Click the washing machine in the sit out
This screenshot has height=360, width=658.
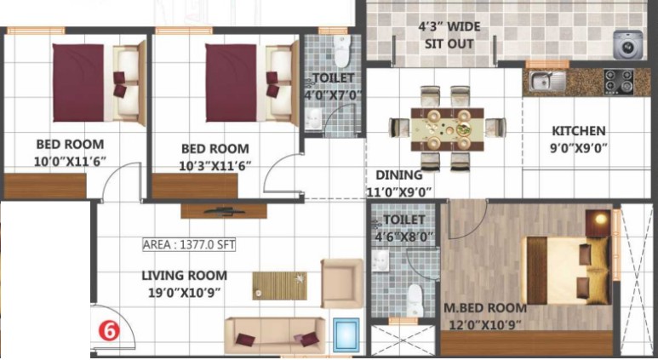pyautogui.click(x=628, y=44)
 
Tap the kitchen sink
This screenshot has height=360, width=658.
pyautogui.click(x=546, y=81)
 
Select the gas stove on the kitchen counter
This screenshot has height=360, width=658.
pyautogui.click(x=619, y=82)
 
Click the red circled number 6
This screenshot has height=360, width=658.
pyautogui.click(x=109, y=331)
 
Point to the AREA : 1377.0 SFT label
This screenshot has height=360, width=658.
pyautogui.click(x=189, y=244)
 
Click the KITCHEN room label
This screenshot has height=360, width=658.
pyautogui.click(x=578, y=131)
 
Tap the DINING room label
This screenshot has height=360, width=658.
pyautogui.click(x=398, y=175)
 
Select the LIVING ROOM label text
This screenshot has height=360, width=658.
pyautogui.click(x=184, y=276)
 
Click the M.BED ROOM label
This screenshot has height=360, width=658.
pyautogui.click(x=485, y=308)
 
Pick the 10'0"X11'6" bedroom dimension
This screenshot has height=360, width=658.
pyautogui.click(x=70, y=162)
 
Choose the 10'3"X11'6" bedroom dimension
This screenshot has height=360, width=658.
pyautogui.click(x=215, y=166)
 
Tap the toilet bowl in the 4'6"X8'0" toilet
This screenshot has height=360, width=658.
pyautogui.click(x=415, y=300)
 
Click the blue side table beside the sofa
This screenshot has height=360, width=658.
pyautogui.click(x=346, y=335)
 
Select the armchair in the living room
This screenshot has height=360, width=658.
pyautogui.click(x=341, y=283)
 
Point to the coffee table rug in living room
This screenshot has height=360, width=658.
pyautogui.click(x=279, y=286)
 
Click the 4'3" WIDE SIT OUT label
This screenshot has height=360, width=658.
pyautogui.click(x=449, y=35)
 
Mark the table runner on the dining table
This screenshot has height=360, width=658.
pyautogui.click(x=448, y=129)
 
